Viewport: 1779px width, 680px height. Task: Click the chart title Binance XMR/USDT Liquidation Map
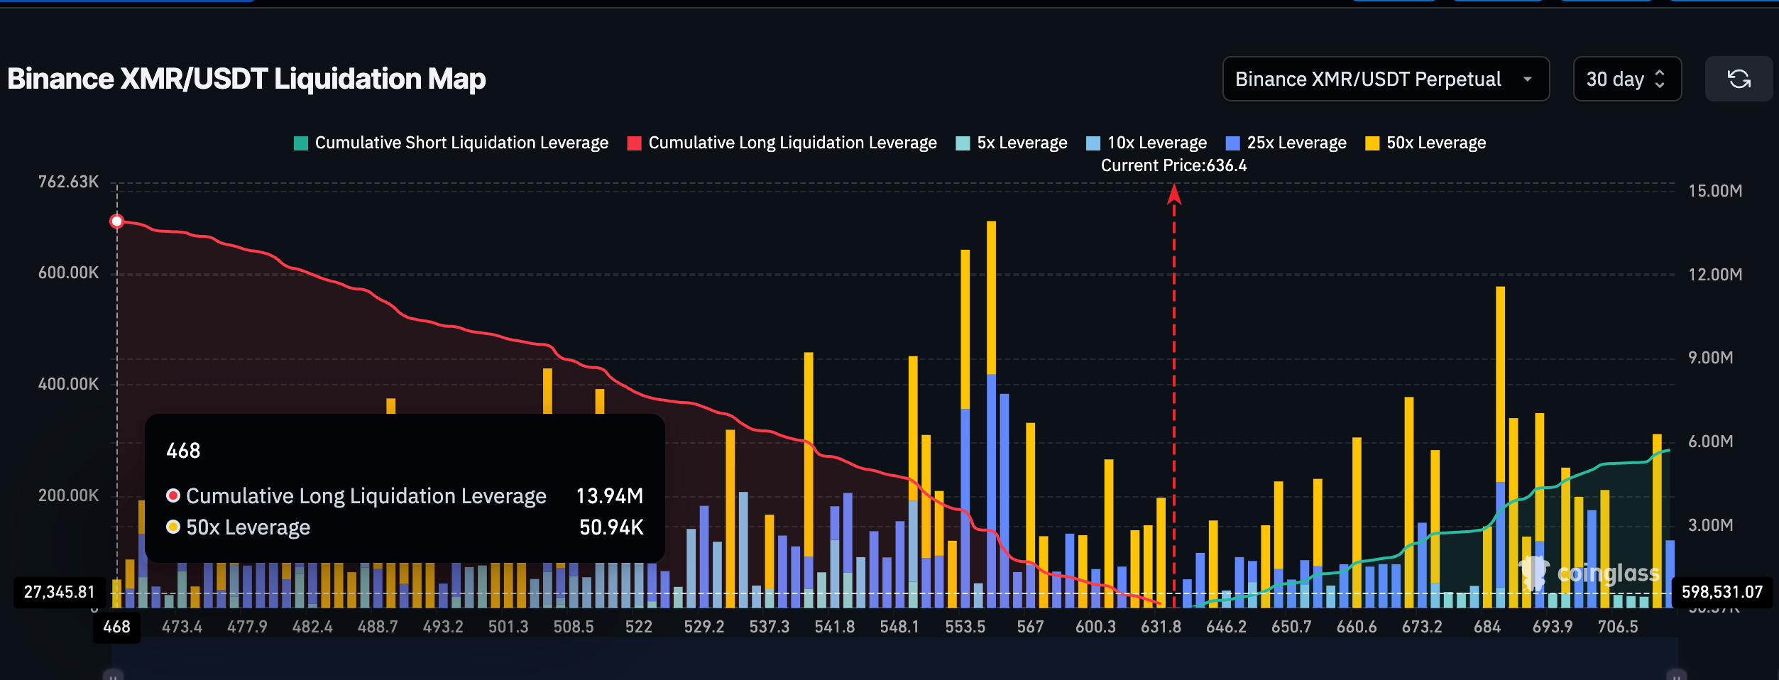(246, 79)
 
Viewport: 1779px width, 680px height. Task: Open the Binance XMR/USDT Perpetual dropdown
(1385, 79)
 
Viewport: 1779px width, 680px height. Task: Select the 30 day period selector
(1626, 79)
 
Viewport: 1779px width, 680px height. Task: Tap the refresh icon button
(1739, 79)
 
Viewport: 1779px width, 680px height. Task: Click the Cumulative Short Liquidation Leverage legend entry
(451, 143)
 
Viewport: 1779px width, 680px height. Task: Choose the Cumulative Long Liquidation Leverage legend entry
(782, 143)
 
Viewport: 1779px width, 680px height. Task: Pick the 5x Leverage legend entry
(1012, 143)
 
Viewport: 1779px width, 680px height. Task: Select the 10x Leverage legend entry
(1146, 143)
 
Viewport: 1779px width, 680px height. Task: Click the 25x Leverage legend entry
(1286, 143)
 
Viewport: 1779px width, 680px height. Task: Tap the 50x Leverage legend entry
(1425, 143)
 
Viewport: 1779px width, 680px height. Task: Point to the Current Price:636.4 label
(1173, 165)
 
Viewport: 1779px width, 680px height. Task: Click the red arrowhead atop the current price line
(1174, 193)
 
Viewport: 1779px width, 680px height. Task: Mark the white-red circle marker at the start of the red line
(117, 221)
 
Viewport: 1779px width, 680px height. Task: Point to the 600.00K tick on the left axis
(68, 273)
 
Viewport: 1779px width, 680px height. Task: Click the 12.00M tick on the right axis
(1714, 274)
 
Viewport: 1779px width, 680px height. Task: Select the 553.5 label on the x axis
(965, 627)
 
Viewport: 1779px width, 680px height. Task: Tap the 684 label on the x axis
(1487, 627)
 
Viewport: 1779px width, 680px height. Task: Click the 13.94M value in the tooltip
(609, 495)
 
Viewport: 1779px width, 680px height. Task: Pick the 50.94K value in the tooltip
(611, 527)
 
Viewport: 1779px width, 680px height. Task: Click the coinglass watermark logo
(1590, 573)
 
